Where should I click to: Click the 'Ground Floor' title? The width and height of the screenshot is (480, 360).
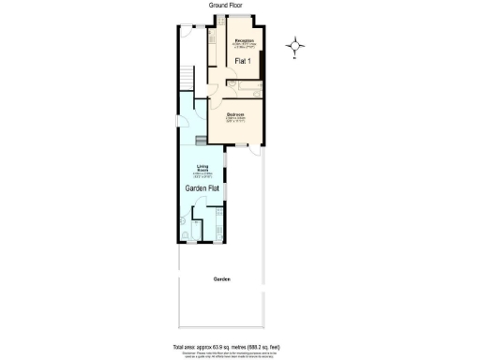pyautogui.click(x=222, y=6)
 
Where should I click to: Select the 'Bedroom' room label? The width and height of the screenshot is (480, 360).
pyautogui.click(x=236, y=115)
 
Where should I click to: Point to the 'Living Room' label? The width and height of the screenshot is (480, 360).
pyautogui.click(x=201, y=169)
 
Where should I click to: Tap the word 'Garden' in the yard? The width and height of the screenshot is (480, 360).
pyautogui.click(x=221, y=279)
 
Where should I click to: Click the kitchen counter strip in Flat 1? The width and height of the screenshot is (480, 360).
pyautogui.click(x=215, y=52)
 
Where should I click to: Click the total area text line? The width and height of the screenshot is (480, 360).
pyautogui.click(x=221, y=346)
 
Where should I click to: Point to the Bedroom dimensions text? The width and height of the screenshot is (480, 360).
pyautogui.click(x=236, y=120)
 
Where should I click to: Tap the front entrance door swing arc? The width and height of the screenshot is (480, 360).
pyautogui.click(x=187, y=28)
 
